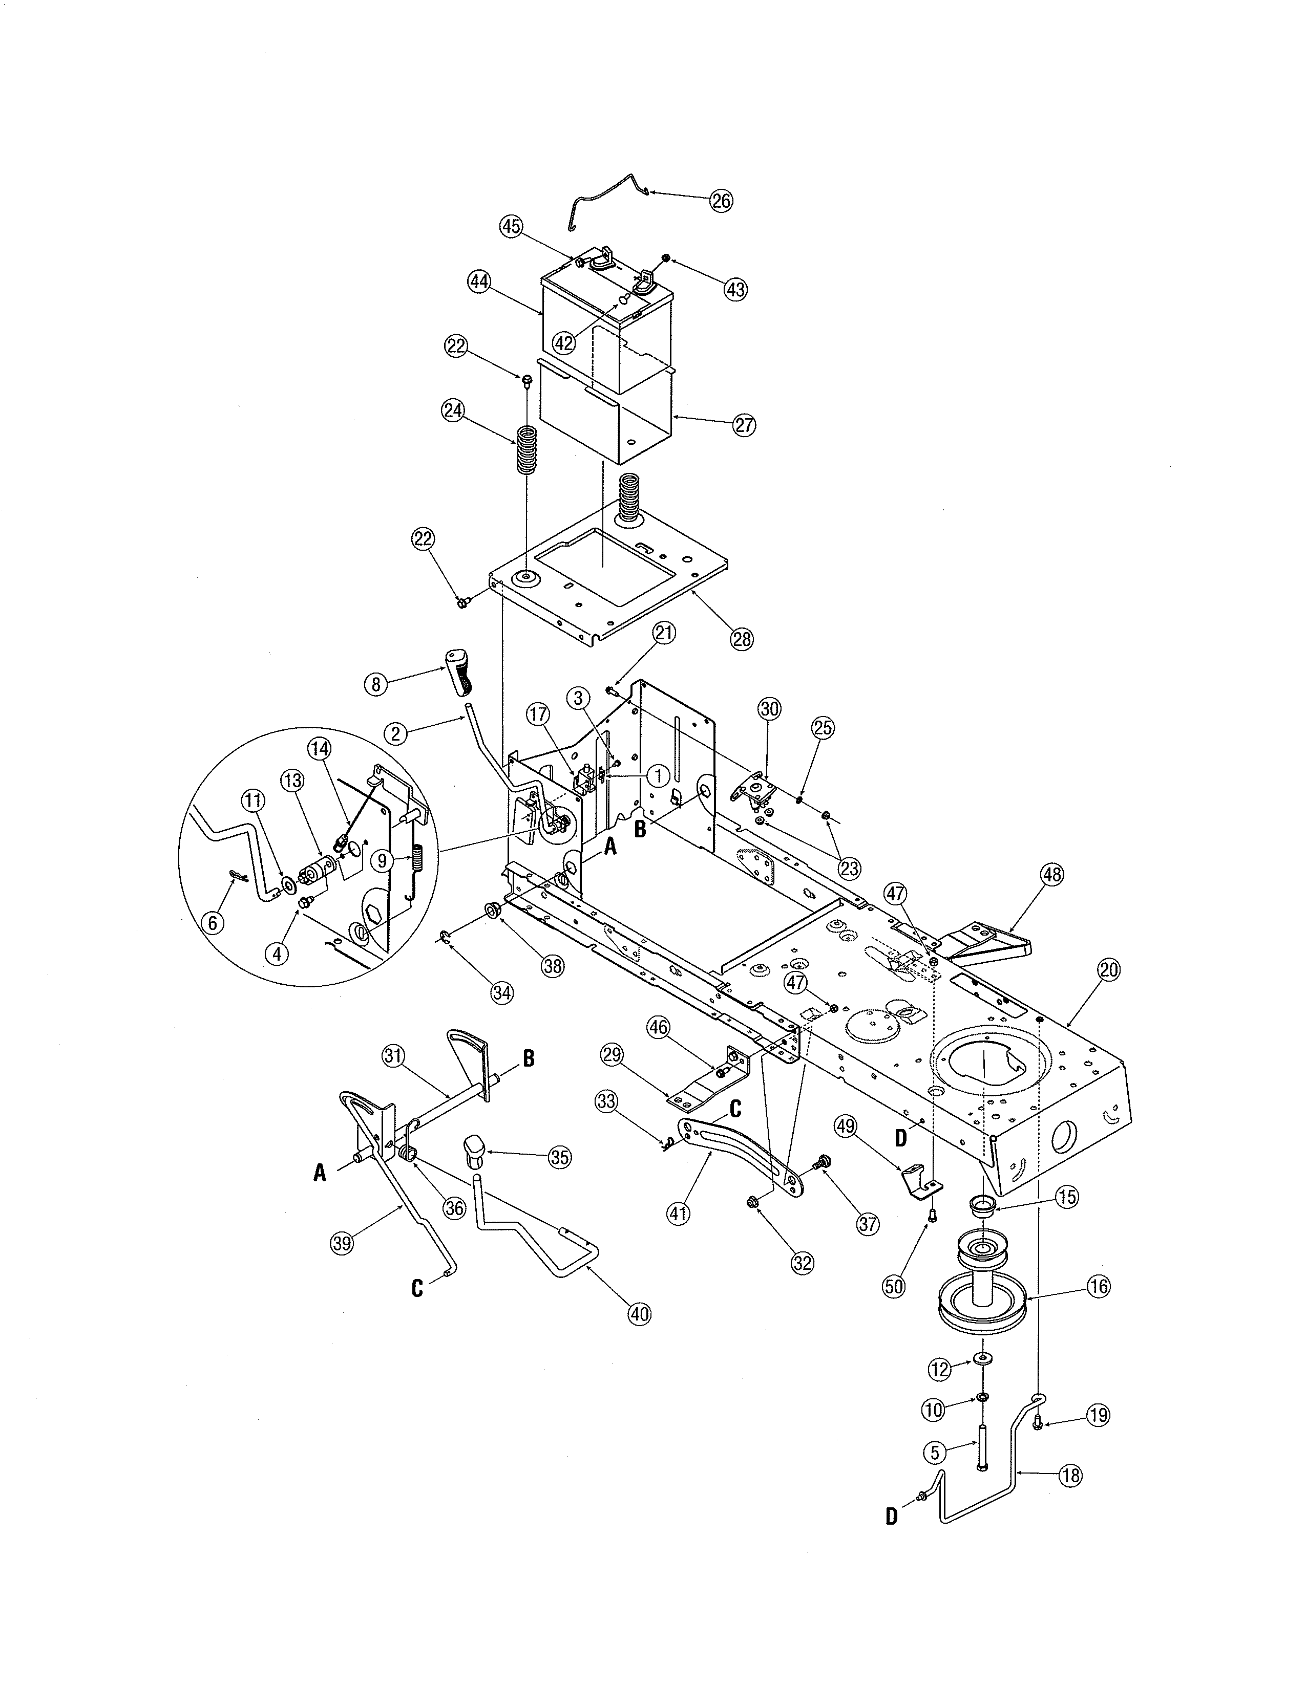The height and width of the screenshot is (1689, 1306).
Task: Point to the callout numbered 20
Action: coord(1109,970)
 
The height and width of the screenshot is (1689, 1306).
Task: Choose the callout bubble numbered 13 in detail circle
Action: coord(292,781)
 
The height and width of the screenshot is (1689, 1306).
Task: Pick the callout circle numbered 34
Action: coord(502,992)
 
